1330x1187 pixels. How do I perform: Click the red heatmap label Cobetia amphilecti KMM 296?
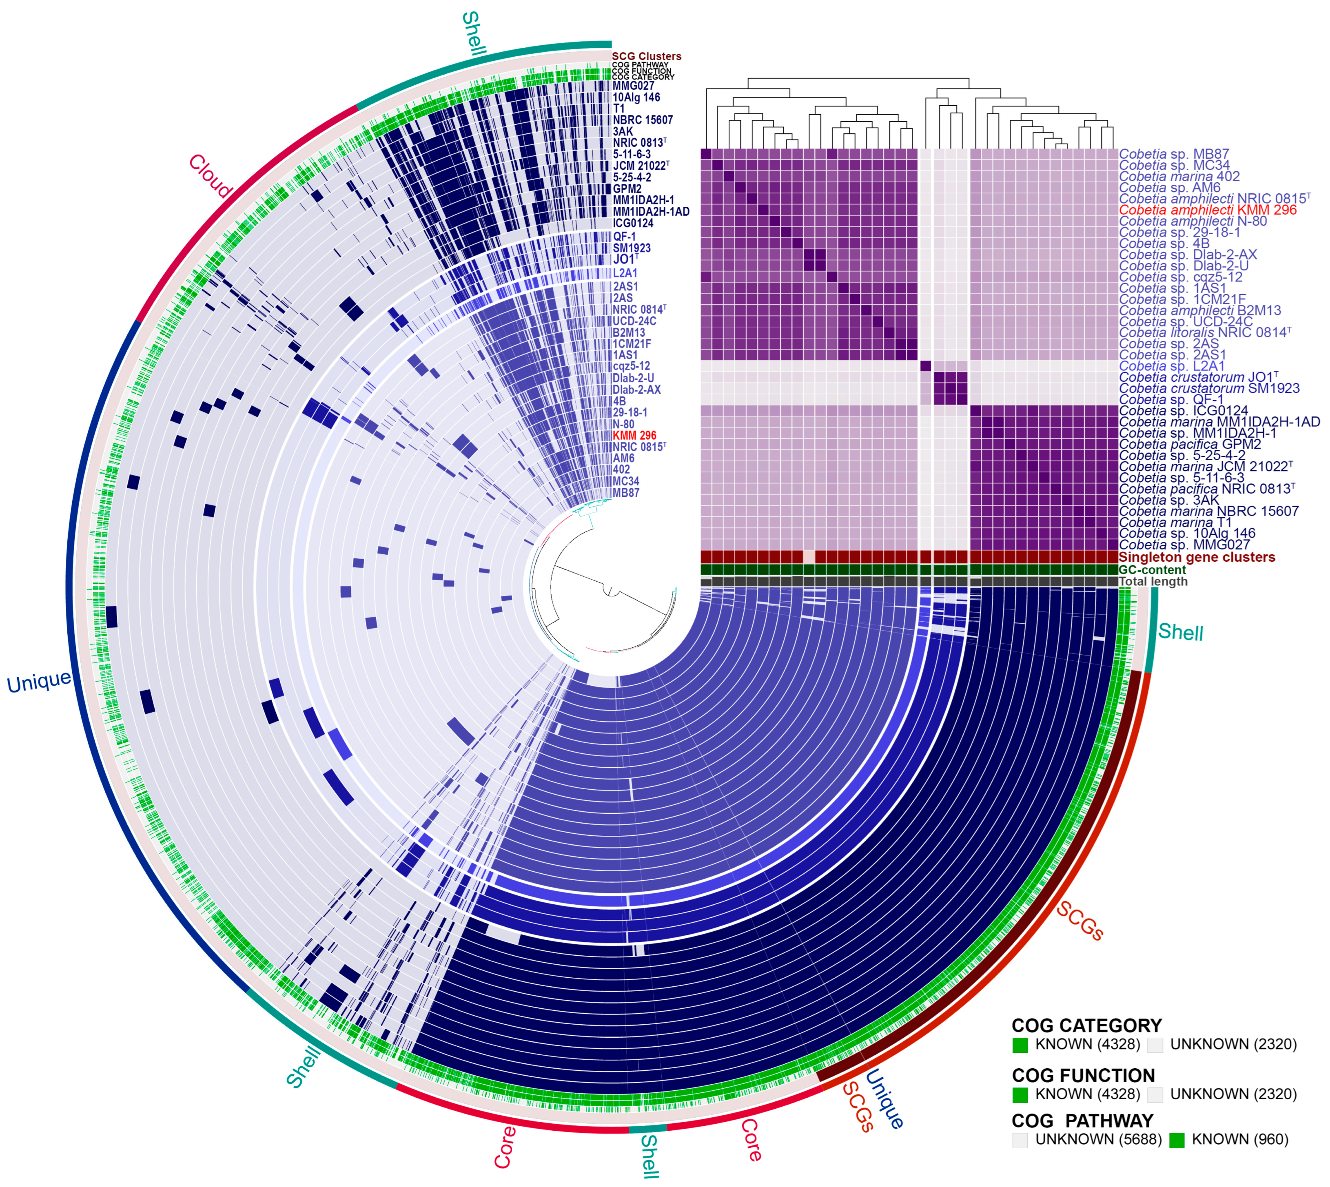coord(1207,210)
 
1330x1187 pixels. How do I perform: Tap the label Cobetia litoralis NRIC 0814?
coord(1204,332)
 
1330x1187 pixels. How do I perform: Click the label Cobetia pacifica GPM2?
coord(1190,445)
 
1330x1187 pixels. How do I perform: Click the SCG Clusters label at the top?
coord(646,57)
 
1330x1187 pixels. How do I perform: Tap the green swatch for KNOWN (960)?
coord(1176,1140)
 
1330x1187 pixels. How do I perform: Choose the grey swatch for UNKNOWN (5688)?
coord(1020,1140)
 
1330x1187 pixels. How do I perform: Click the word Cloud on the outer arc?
coord(210,176)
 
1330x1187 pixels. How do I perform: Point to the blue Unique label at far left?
coord(39,682)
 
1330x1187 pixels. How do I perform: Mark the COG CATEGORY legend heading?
coord(1086,1025)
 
